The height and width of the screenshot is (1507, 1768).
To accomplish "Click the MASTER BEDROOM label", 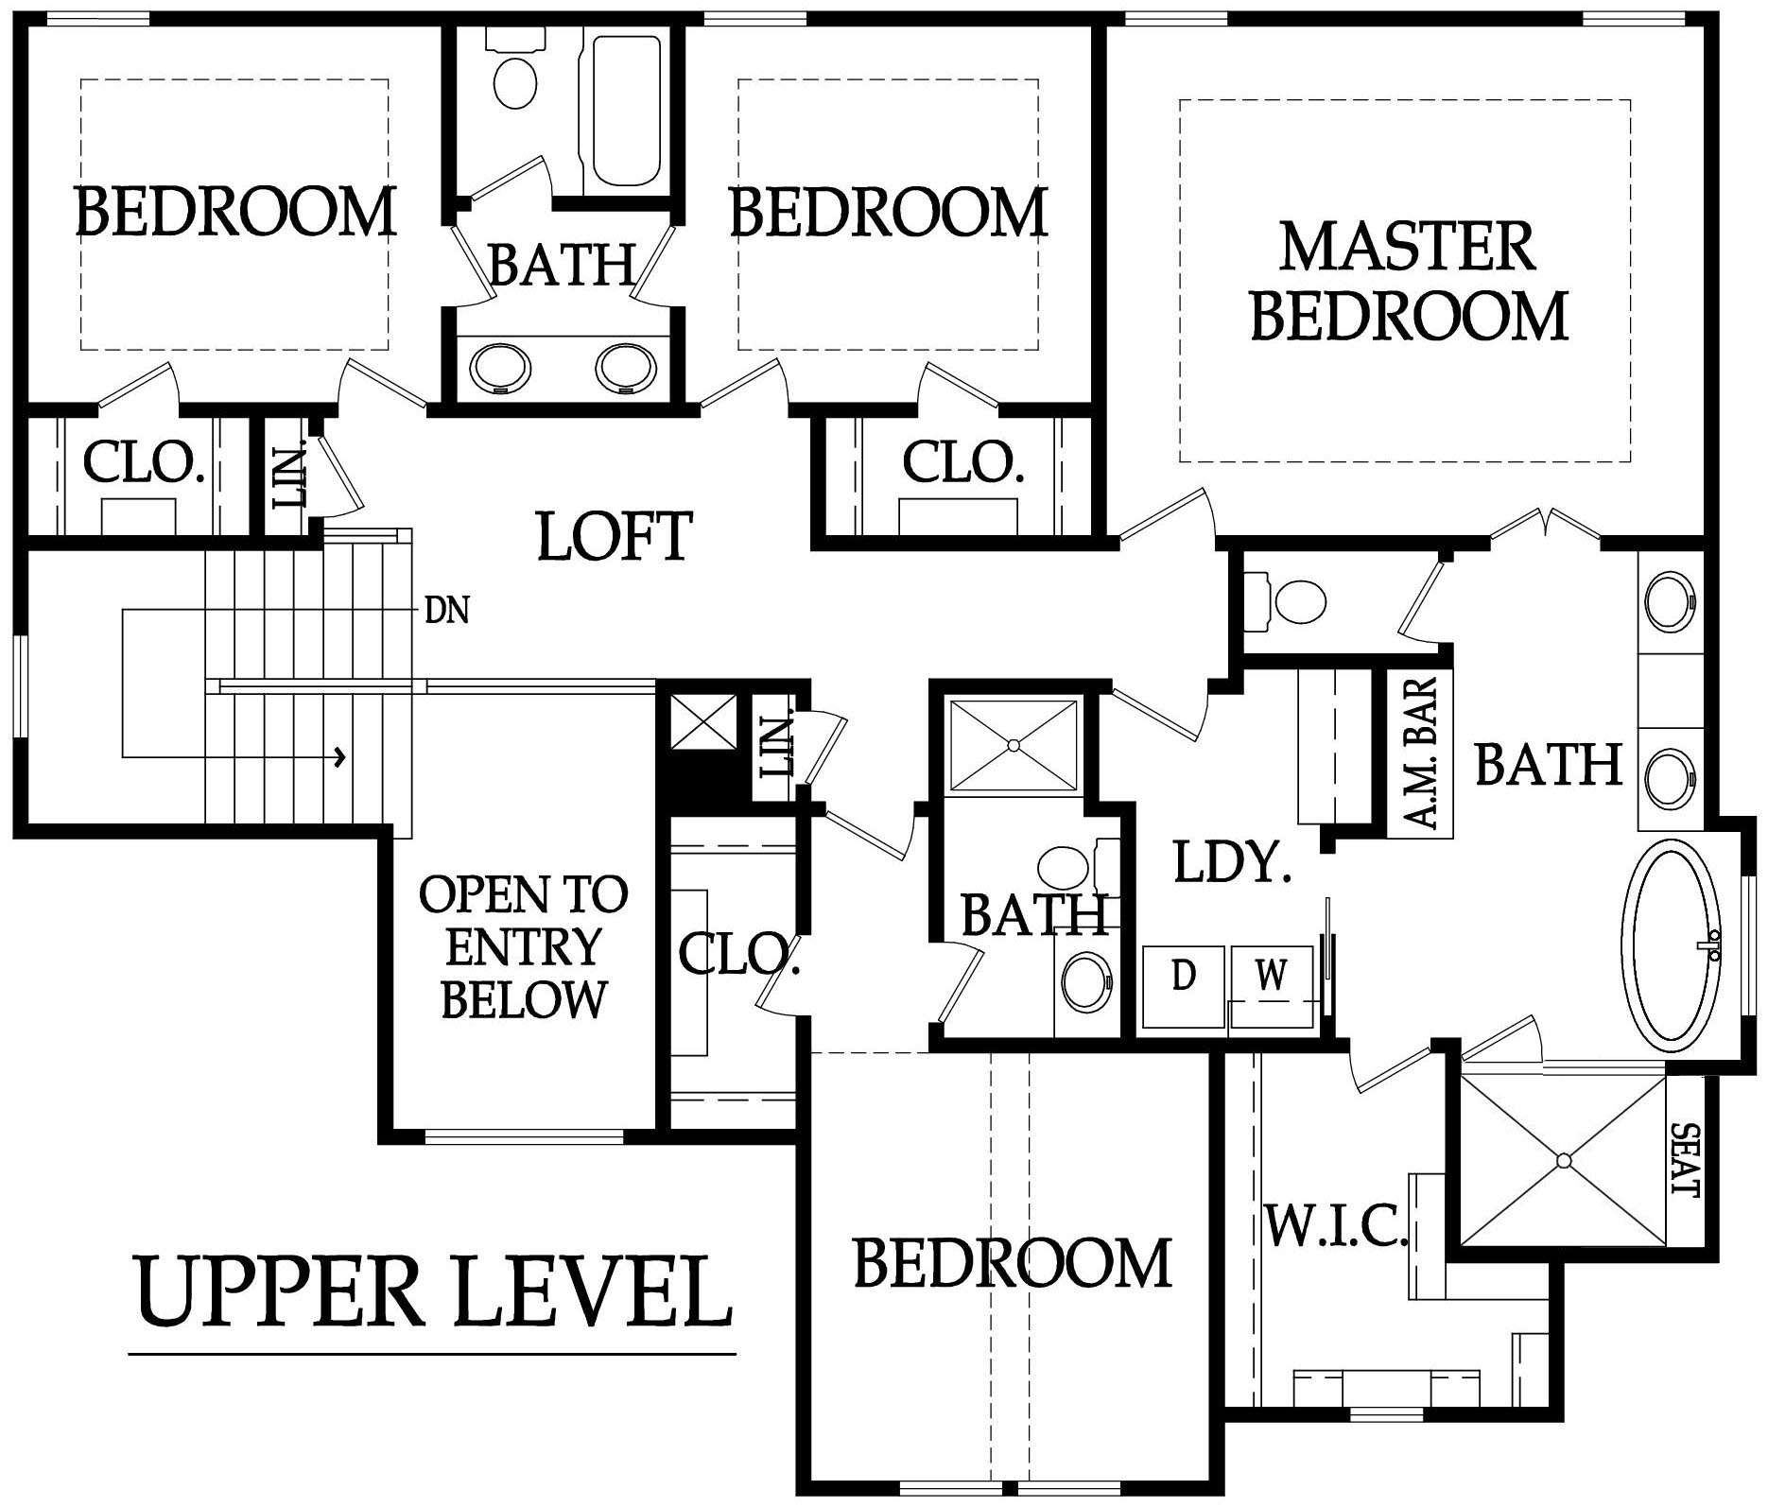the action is (x=1409, y=281).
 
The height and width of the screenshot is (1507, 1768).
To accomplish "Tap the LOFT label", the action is (x=615, y=536).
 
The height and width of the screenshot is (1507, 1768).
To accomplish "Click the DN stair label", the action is (x=446, y=611).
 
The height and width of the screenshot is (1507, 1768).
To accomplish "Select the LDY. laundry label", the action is (x=1232, y=862).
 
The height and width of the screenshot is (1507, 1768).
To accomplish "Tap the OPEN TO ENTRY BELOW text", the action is (x=523, y=946).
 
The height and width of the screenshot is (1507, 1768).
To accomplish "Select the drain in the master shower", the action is (x=1564, y=1160).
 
